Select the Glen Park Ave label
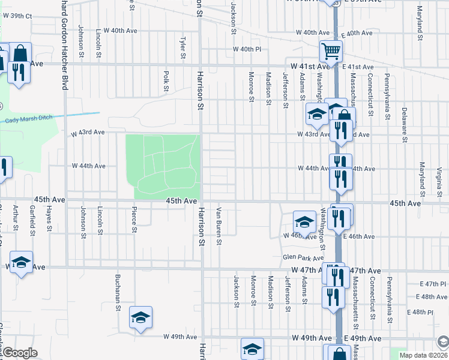[x=298, y=257]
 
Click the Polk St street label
[x=166, y=78]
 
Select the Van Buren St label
[x=220, y=226]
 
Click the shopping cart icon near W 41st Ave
[x=330, y=52]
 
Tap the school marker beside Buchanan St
[x=141, y=317]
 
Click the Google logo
[x=20, y=353]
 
